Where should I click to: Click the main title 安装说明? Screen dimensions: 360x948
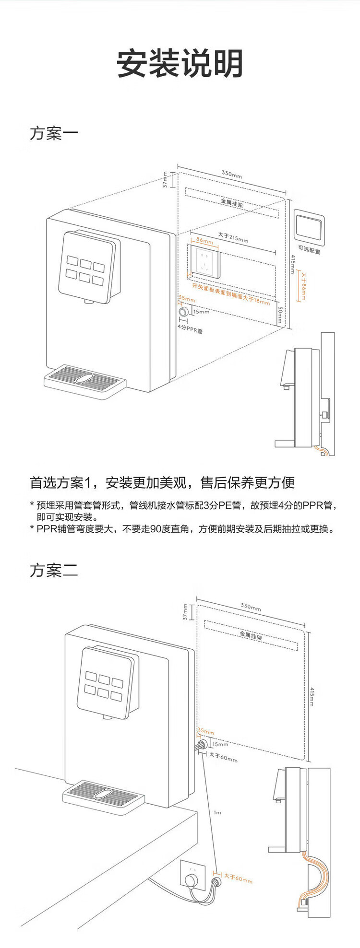pos(180,63)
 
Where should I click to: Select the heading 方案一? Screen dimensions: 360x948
pos(54,133)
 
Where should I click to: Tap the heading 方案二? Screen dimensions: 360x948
pos(54,571)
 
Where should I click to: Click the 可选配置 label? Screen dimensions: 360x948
pos(309,250)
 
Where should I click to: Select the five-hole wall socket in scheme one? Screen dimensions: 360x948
pos(205,261)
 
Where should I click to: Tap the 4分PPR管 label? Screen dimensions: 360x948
pos(190,330)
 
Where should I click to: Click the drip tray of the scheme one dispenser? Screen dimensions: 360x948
pos(85,379)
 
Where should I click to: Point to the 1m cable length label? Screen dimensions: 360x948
pos(217,812)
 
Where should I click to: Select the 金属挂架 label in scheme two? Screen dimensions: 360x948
pos(251,636)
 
